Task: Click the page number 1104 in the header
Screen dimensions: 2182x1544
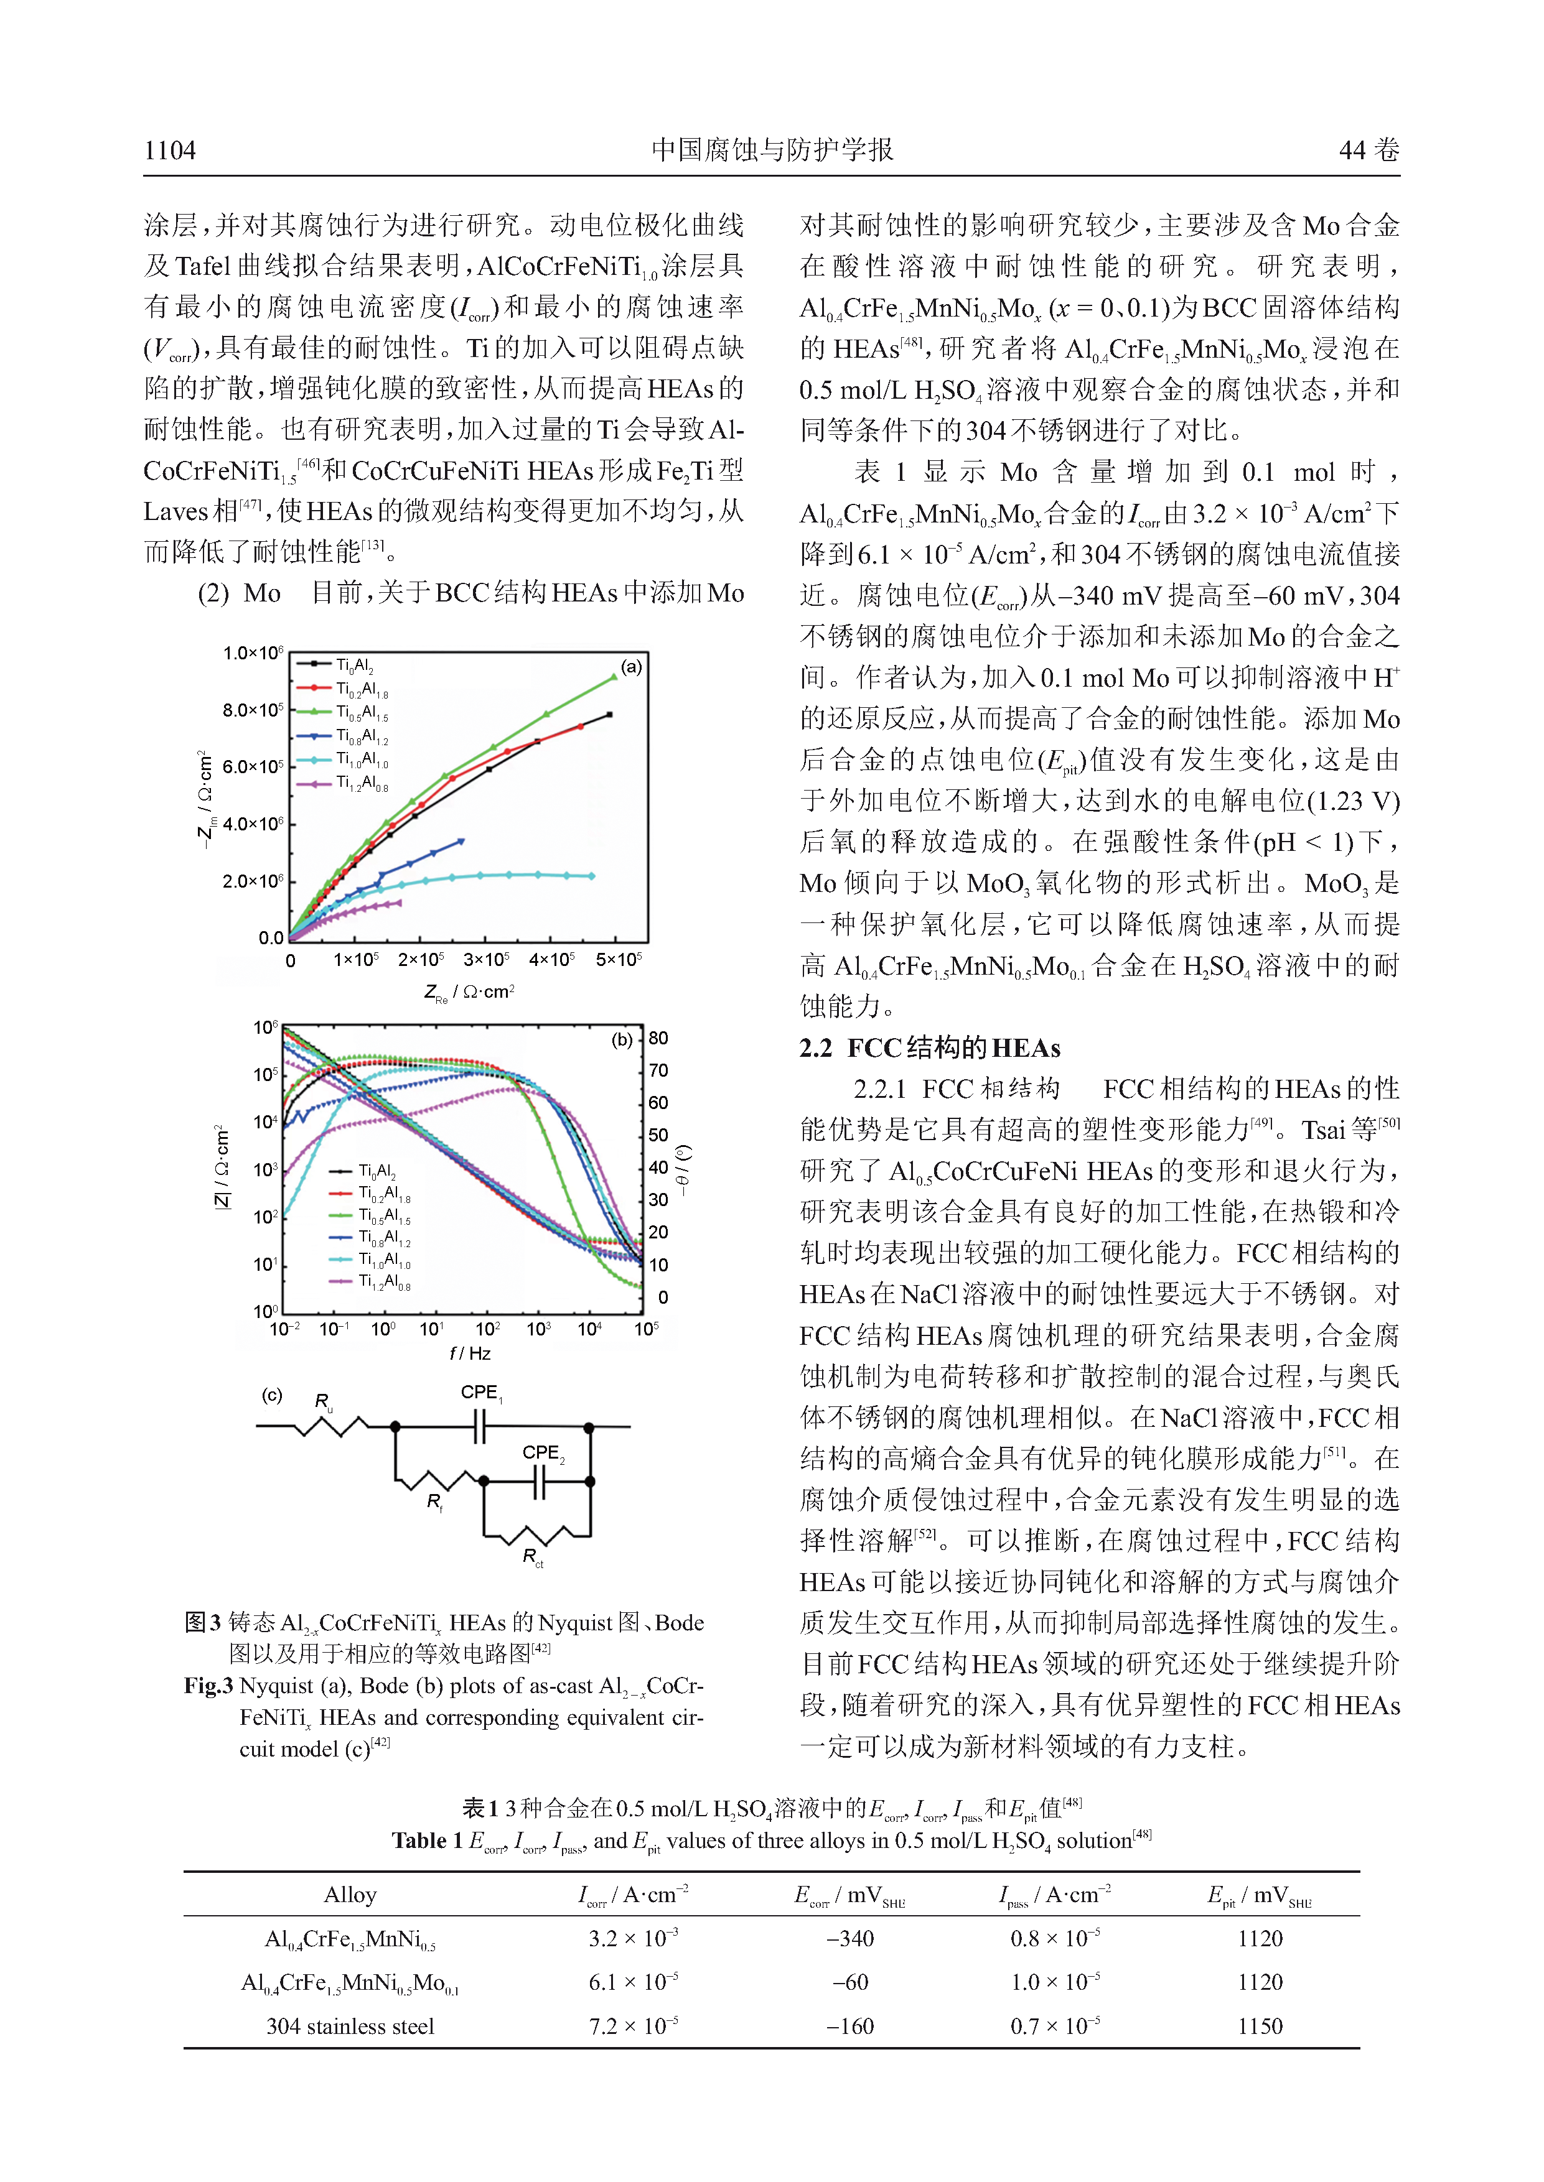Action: [169, 150]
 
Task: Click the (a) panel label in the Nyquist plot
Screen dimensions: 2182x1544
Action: [630, 667]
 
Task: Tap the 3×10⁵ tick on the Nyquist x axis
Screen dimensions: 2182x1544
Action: [486, 960]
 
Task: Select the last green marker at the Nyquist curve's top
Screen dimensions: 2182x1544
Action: [613, 677]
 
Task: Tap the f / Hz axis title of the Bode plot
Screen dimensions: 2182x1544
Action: [470, 1353]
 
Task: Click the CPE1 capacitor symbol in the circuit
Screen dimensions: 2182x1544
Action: [480, 1426]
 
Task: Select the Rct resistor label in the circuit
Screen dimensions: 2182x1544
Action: [533, 1558]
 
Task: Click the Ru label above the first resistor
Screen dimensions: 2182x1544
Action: [323, 1402]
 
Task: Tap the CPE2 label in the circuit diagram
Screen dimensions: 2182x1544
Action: [543, 1452]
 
